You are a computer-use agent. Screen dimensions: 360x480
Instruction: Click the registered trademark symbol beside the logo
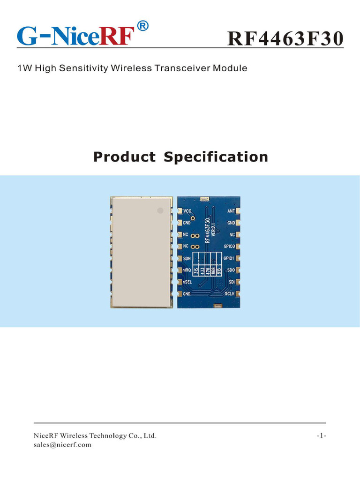click(x=144, y=27)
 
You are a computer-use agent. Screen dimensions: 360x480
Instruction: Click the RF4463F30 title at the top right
click(x=285, y=39)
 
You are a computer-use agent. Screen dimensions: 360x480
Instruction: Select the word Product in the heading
click(x=124, y=157)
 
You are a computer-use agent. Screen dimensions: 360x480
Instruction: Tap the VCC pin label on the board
click(x=187, y=211)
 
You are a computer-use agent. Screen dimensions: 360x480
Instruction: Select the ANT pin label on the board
click(x=231, y=211)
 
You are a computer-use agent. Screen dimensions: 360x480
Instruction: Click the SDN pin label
click(x=187, y=258)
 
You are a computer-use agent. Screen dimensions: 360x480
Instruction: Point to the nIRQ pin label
click(x=187, y=270)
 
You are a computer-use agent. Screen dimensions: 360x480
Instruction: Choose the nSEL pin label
click(x=187, y=282)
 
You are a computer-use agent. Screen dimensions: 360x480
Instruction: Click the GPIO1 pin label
click(x=229, y=258)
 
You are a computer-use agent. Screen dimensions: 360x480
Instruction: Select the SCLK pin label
click(x=230, y=294)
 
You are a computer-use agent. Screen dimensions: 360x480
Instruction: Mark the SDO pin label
click(x=231, y=270)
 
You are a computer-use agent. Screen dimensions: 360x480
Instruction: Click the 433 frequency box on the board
click(x=203, y=270)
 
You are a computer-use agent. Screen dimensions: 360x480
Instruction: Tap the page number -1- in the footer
click(x=321, y=436)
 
